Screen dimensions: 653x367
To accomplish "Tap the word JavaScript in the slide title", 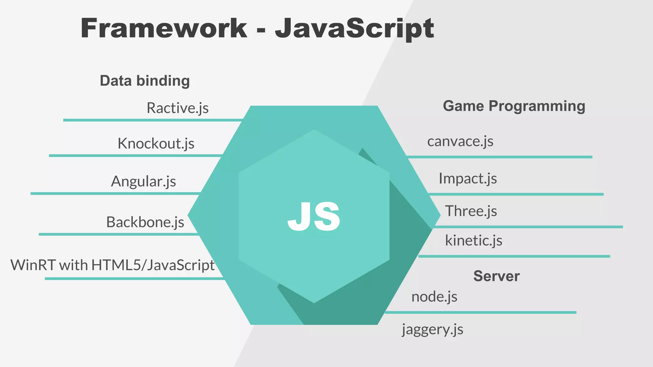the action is tap(354, 28).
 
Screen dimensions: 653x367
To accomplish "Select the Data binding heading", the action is tap(145, 81).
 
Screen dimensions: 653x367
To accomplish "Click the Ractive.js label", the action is tap(178, 108).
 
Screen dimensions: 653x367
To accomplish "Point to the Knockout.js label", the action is tap(156, 143).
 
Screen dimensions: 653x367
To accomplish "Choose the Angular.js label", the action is tap(143, 181).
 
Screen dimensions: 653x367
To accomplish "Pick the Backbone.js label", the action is tap(145, 222).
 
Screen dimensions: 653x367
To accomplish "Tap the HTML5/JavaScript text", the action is tap(153, 265).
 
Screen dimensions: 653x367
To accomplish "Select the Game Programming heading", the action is tap(514, 106).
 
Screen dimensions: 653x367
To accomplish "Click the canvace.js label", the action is tap(460, 141).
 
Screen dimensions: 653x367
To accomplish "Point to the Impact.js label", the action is tap(468, 178).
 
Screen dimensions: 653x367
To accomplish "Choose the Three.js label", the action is tap(471, 211).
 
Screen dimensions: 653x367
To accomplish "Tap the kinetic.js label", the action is tap(473, 241).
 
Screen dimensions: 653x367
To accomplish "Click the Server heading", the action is tap(496, 276).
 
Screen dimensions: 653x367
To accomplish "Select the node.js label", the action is tap(434, 297).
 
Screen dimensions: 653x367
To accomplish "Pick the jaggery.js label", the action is tap(432, 329).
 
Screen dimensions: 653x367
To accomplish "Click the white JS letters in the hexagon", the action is tap(314, 217).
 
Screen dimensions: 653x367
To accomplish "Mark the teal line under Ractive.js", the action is tap(153, 120).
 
